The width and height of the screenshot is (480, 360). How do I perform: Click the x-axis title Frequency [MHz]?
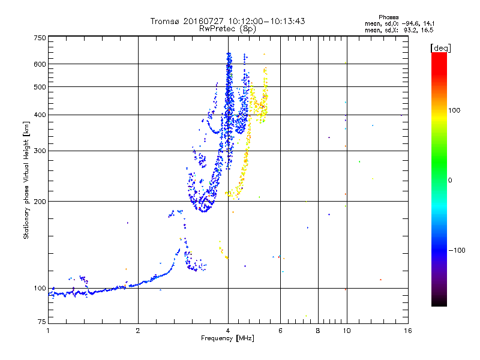pyautogui.click(x=227, y=339)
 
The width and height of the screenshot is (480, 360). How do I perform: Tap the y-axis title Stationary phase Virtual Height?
pyautogui.click(x=26, y=180)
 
